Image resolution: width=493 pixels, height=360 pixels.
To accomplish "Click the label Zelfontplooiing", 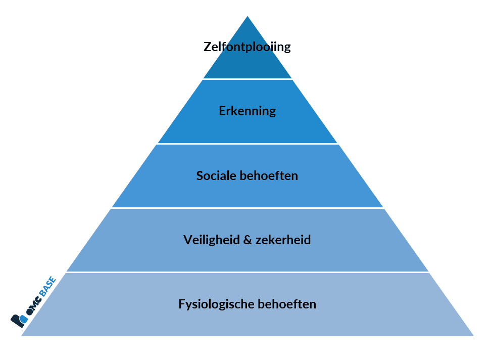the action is (x=247, y=47).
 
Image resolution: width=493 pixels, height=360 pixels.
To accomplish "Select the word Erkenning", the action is (x=248, y=111).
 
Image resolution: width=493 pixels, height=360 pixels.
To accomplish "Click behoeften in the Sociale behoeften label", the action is (x=269, y=175).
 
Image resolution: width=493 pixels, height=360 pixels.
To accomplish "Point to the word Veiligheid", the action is (x=212, y=240).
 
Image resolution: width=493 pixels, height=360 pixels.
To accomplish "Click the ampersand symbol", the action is (x=248, y=240).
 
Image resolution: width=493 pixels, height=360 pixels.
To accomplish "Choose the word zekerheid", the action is (x=283, y=240).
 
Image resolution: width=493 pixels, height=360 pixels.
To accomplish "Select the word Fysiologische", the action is (x=216, y=304).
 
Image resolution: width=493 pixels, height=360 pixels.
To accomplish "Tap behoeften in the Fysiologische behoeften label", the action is (x=287, y=304).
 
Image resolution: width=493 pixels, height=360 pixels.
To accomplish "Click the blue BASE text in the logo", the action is (x=48, y=286).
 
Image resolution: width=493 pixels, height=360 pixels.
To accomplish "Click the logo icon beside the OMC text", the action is (x=19, y=321).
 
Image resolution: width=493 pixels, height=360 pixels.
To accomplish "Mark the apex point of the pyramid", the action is (x=248, y=16).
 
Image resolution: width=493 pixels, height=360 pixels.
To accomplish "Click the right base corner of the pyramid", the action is (x=474, y=336).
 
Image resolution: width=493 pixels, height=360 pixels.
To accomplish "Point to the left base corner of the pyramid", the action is (x=21, y=336).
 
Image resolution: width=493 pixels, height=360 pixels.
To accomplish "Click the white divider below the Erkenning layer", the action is (x=248, y=144).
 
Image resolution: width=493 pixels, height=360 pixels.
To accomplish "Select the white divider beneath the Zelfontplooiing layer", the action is (x=248, y=79).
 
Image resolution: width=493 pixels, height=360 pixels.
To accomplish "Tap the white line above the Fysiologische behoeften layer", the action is (x=248, y=272).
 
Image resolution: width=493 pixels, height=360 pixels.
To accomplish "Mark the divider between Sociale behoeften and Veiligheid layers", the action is (x=248, y=208).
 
